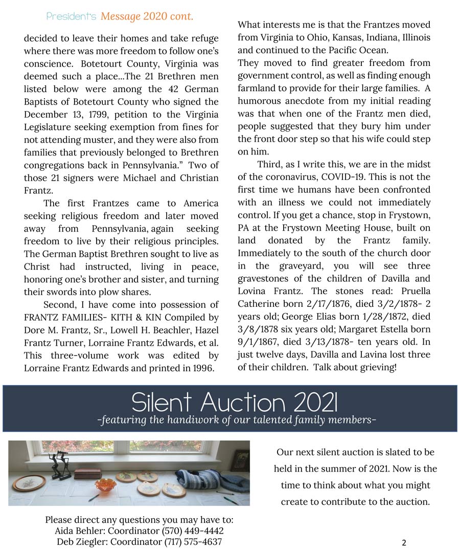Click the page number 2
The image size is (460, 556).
tap(404, 543)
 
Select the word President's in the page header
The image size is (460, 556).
tap(72, 16)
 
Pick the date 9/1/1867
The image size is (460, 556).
tap(260, 342)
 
